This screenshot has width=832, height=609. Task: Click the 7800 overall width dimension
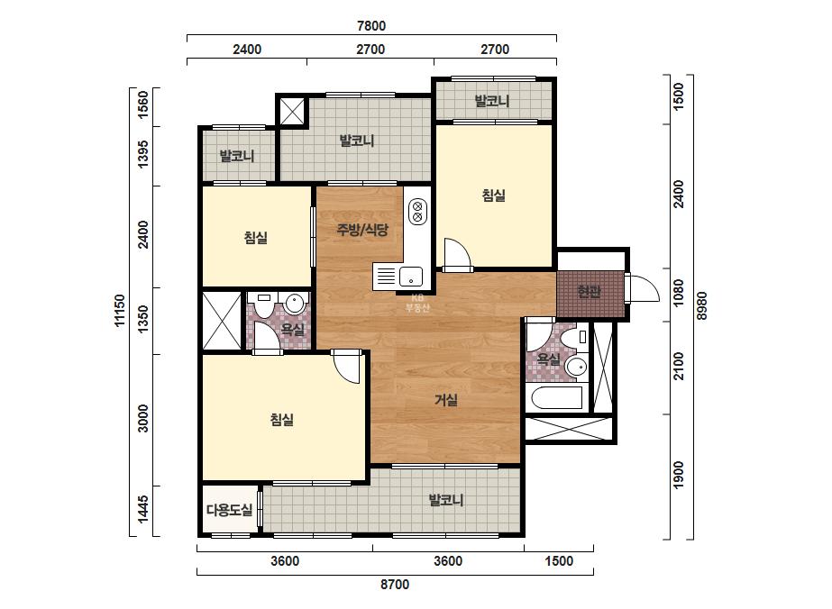pyautogui.click(x=371, y=25)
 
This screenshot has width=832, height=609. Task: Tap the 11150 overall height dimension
pyautogui.click(x=120, y=311)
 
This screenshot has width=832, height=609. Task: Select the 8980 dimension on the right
pyautogui.click(x=701, y=306)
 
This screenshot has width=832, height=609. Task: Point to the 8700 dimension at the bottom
pyautogui.click(x=395, y=584)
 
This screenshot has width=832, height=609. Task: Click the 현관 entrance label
pyautogui.click(x=589, y=292)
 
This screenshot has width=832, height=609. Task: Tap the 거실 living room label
pyautogui.click(x=445, y=399)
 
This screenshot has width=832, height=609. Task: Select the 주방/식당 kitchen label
pyautogui.click(x=362, y=230)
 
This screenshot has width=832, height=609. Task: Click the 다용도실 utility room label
pyautogui.click(x=229, y=510)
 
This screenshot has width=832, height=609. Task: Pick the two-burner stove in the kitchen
pyautogui.click(x=417, y=211)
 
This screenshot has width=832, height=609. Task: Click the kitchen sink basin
pyautogui.click(x=411, y=277)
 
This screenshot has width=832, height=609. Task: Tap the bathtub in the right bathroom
pyautogui.click(x=556, y=398)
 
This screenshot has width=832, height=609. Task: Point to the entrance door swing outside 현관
pyautogui.click(x=643, y=289)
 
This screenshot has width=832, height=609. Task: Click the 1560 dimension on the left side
pyautogui.click(x=143, y=105)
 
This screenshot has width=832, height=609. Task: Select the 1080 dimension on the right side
pyautogui.click(x=678, y=293)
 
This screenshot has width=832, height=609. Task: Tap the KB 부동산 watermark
pyautogui.click(x=417, y=303)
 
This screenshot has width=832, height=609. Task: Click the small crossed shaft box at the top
pyautogui.click(x=292, y=112)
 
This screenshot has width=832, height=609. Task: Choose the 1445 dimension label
pyautogui.click(x=143, y=509)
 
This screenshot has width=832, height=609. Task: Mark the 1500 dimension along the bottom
pyautogui.click(x=559, y=560)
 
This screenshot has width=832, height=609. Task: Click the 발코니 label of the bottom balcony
pyautogui.click(x=445, y=500)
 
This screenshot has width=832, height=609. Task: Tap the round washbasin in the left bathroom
pyautogui.click(x=294, y=304)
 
